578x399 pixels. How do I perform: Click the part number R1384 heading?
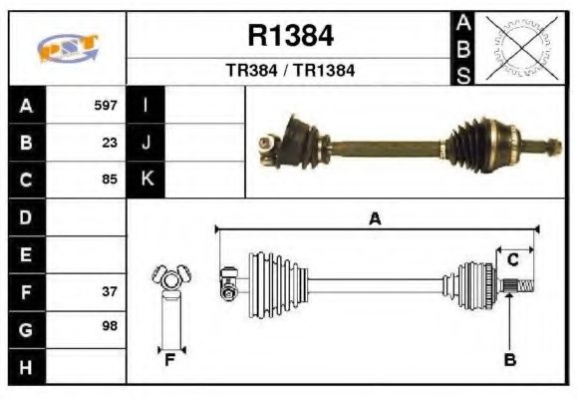coord(290,37)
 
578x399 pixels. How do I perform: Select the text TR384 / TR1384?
coord(290,71)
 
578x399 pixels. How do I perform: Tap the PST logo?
coord(68,48)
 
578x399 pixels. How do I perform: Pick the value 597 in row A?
coord(106,105)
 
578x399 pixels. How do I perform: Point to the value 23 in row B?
coord(110,143)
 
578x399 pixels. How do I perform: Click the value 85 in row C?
coord(110,181)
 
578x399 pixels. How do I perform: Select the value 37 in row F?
coord(110,292)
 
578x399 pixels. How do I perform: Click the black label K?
coord(146,180)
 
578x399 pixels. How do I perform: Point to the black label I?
coord(146,105)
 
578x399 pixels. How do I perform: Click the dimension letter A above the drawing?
coord(375,219)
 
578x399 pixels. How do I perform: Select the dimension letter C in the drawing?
coord(512,260)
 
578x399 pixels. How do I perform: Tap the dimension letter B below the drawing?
coord(510,360)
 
